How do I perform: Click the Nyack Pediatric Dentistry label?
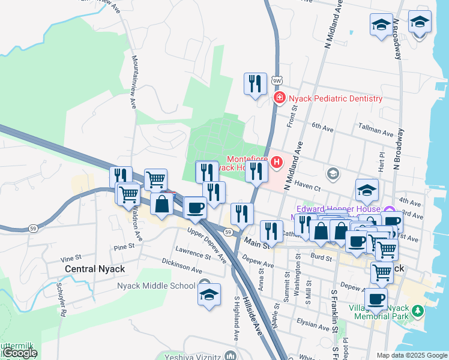click(335, 98)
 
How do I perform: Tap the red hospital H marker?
click(277, 161)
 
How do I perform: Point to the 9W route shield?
click(277, 80)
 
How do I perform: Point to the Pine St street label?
click(124, 247)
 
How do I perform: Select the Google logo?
click(19, 353)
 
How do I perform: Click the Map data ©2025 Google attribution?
click(411, 355)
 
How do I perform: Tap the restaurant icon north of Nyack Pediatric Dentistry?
click(255, 84)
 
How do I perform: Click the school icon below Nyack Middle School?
click(209, 295)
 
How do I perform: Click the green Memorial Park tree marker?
click(418, 311)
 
